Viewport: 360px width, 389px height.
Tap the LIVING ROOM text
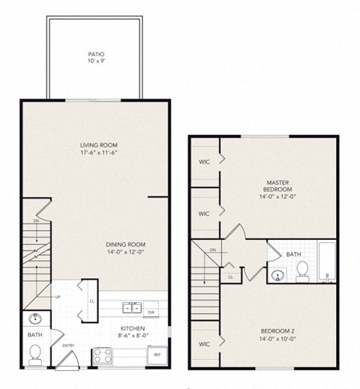(x=100, y=145)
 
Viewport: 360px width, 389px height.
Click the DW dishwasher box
(x=151, y=311)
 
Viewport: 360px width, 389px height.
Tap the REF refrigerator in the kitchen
(x=157, y=355)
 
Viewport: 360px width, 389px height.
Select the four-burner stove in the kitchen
(x=101, y=355)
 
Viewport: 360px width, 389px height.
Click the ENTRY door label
(x=68, y=346)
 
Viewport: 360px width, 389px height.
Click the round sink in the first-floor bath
(x=34, y=319)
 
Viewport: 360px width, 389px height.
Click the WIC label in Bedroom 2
(x=203, y=344)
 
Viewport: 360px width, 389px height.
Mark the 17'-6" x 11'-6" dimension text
(x=100, y=154)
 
